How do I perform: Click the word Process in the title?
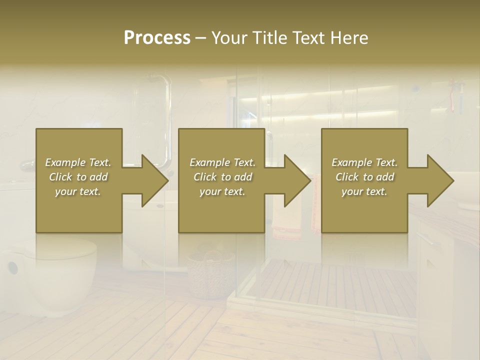[157, 38]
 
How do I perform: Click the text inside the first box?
[78, 177]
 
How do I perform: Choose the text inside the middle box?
[222, 177]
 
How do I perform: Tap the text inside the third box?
[364, 177]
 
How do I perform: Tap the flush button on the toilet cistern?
[12, 268]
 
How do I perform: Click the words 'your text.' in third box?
[364, 191]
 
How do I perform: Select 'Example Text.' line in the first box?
[78, 162]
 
